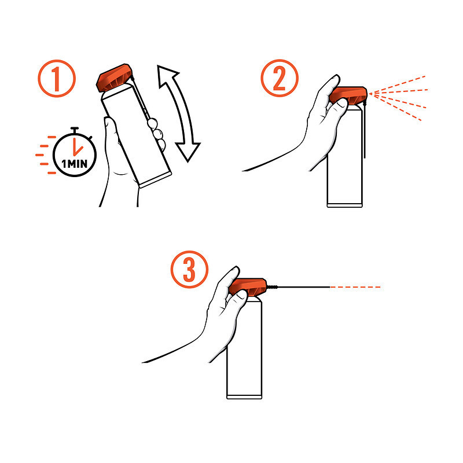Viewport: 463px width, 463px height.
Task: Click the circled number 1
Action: (x=57, y=79)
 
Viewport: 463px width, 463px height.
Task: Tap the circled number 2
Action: (x=280, y=78)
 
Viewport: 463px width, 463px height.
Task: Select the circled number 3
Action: (x=189, y=269)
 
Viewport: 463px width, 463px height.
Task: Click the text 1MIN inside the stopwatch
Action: (x=75, y=164)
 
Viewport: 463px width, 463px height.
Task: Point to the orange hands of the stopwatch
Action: (x=78, y=147)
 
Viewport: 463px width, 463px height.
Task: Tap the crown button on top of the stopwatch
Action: (x=75, y=130)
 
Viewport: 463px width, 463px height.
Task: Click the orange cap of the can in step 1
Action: (x=114, y=78)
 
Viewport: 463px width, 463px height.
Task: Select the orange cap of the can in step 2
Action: (x=349, y=95)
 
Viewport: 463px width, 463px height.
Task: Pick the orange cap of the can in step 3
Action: (x=248, y=287)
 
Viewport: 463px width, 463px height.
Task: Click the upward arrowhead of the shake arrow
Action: (x=167, y=76)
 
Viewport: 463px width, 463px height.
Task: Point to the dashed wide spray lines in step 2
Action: (x=398, y=97)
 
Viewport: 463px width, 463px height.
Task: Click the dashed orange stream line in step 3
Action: (x=355, y=287)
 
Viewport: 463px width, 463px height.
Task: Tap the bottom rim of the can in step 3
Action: (x=244, y=397)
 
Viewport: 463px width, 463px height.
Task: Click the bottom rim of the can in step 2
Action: (x=344, y=205)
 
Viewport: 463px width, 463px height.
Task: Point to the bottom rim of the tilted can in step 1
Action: (x=155, y=180)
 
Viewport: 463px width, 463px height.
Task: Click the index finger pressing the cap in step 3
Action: (x=227, y=284)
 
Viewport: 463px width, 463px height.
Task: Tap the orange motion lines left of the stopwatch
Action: (x=46, y=155)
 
